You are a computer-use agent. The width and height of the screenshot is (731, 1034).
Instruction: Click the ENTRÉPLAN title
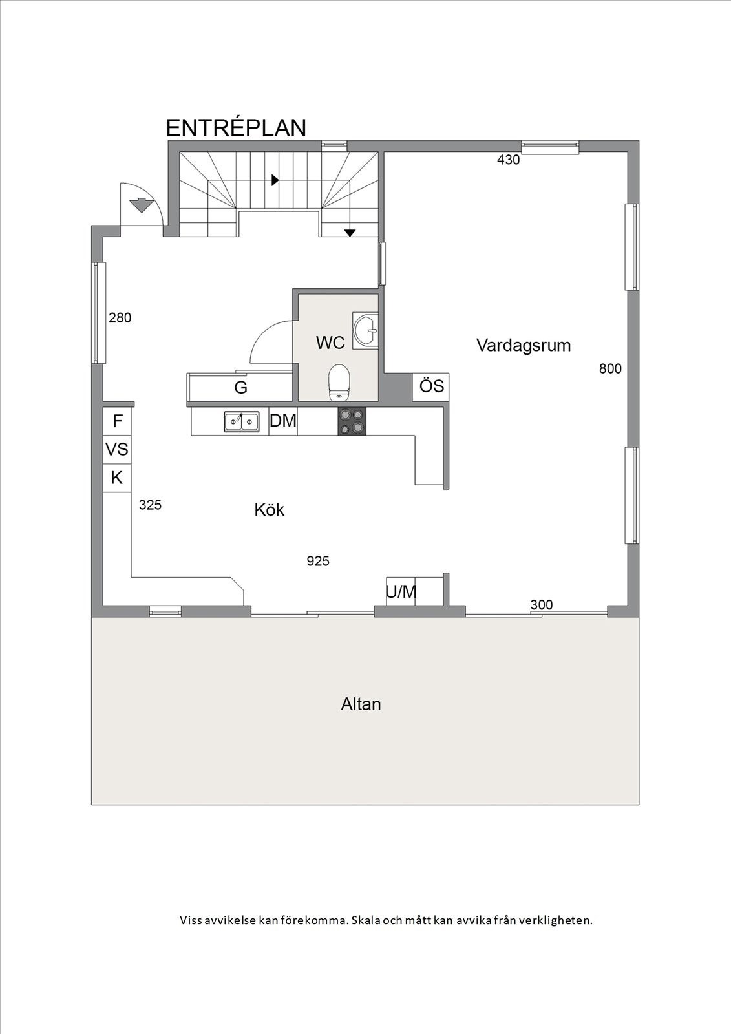coord(236,128)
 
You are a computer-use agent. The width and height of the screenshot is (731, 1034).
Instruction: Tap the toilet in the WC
coord(339,382)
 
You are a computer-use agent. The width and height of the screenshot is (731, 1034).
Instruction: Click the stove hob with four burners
coord(352,421)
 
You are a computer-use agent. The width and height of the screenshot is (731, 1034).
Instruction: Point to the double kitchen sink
coord(242,421)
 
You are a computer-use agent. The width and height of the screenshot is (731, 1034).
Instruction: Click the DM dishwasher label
coord(283,421)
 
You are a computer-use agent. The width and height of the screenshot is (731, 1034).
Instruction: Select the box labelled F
coord(118,421)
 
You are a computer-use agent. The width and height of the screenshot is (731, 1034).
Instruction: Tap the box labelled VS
coord(117,449)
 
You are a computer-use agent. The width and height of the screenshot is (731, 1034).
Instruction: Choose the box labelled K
coord(117,478)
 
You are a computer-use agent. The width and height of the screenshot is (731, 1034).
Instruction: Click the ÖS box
coord(431,386)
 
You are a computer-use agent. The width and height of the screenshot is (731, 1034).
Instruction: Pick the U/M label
coord(401,592)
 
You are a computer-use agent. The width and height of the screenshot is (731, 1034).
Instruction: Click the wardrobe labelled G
coord(240,388)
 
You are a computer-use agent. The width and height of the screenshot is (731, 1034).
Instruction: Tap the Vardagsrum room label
coord(524,345)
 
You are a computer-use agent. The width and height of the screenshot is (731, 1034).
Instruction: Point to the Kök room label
coord(269,510)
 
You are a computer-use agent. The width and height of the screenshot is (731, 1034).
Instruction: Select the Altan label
coord(361,704)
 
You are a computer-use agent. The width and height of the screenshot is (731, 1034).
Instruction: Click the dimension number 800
coord(610,368)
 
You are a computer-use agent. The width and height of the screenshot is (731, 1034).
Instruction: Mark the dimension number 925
coord(318,561)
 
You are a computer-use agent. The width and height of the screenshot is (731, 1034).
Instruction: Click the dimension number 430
coord(508,160)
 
